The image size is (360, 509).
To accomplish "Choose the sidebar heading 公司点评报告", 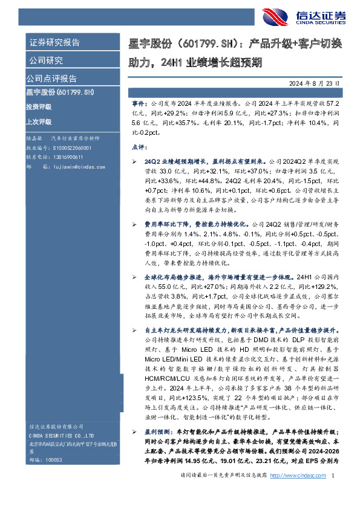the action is (x=51, y=79).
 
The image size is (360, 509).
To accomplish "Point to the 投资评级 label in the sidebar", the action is (x=39, y=106).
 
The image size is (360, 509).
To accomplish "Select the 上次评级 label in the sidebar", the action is (x=39, y=121).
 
